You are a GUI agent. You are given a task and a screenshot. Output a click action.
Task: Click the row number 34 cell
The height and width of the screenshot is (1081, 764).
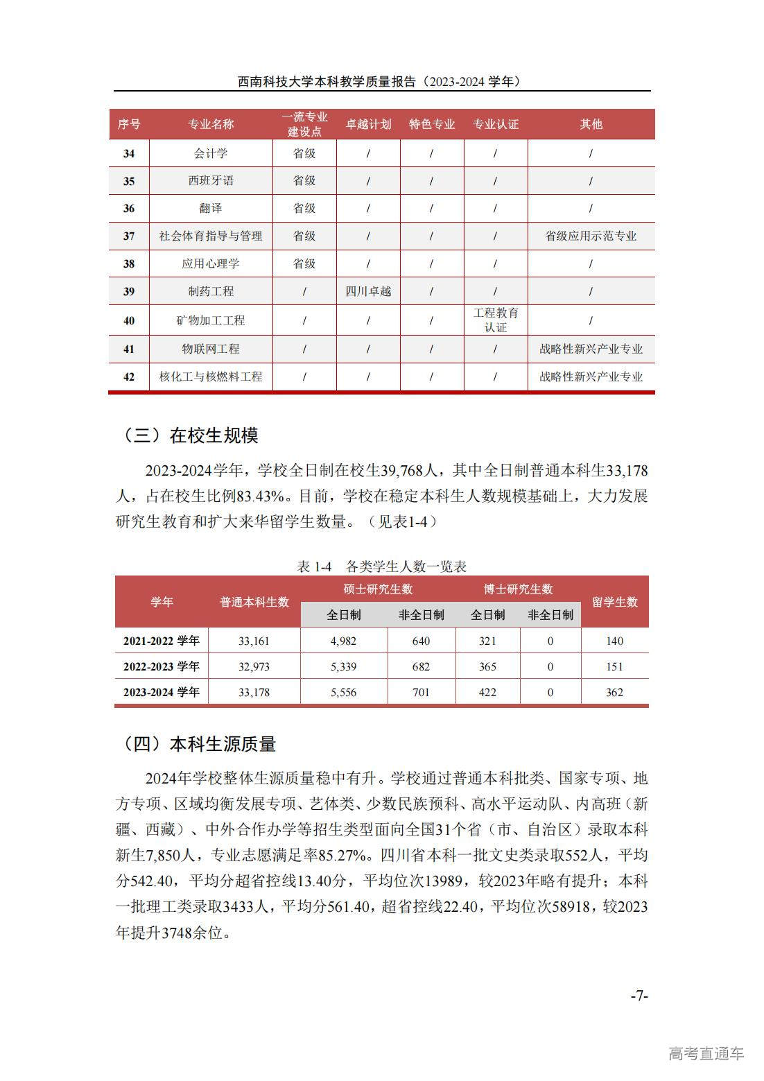(x=129, y=153)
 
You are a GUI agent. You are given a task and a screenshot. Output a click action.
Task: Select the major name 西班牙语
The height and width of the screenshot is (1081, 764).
(x=211, y=181)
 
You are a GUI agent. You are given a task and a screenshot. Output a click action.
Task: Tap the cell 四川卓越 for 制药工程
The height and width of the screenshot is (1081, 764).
(x=368, y=291)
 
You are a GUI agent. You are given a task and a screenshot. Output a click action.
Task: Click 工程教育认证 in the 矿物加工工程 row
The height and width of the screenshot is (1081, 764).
(x=495, y=320)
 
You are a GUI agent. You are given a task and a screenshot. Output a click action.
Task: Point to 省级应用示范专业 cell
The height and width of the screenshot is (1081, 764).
(x=591, y=236)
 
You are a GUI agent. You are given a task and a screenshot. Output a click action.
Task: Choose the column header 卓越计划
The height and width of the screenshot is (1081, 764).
(x=368, y=124)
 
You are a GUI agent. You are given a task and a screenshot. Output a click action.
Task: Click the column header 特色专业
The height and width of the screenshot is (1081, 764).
(x=431, y=124)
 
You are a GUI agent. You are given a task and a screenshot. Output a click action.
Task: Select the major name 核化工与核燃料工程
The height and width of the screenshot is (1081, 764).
(x=211, y=377)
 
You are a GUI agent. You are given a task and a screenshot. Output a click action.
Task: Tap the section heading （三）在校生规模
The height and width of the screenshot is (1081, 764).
(x=190, y=435)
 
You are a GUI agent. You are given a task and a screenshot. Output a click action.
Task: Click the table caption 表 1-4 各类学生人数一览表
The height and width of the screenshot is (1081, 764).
(x=381, y=567)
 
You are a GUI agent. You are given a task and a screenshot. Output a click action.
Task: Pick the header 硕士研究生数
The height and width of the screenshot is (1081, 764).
(x=378, y=589)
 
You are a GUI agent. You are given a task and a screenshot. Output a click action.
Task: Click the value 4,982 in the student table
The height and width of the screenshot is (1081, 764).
(x=343, y=641)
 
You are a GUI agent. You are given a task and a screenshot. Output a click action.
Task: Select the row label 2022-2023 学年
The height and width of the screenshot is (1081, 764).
(x=161, y=666)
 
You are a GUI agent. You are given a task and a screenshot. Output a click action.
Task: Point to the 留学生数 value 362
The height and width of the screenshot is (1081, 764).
(x=614, y=692)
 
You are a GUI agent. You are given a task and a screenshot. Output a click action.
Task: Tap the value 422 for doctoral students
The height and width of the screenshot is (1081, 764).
(x=487, y=692)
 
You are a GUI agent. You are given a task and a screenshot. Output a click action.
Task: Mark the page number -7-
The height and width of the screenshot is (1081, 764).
(x=639, y=996)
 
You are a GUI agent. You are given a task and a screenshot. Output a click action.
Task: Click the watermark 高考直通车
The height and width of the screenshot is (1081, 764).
(x=706, y=1053)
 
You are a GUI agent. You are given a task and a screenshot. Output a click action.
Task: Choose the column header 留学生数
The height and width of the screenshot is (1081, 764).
(x=614, y=602)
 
